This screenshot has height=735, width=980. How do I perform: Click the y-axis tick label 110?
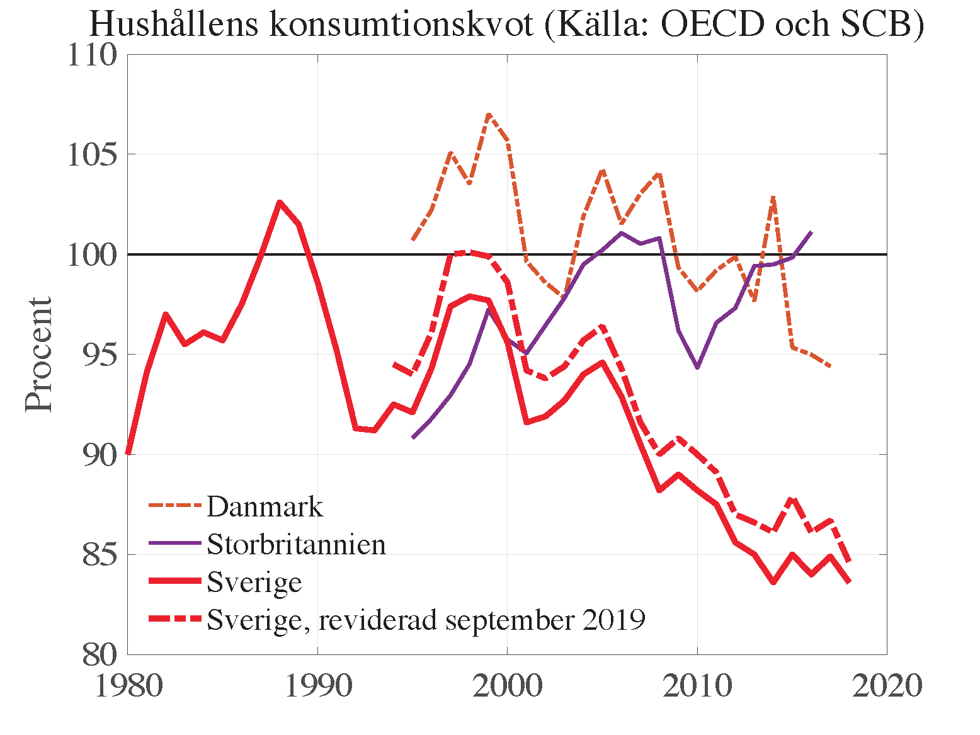(93, 55)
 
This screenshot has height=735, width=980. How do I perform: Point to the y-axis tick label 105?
(93, 155)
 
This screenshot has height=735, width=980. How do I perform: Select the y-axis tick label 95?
(100, 355)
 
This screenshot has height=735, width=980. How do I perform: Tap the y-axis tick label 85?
(100, 556)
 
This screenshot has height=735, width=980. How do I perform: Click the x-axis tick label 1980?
(128, 686)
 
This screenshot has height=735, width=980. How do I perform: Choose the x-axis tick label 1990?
(318, 686)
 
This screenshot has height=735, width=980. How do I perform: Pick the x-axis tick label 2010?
(697, 686)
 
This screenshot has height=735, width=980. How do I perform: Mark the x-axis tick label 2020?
(887, 686)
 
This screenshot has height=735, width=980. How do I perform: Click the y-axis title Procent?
(39, 355)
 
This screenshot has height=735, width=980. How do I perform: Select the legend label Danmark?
(265, 507)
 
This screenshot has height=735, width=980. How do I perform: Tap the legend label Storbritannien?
(296, 544)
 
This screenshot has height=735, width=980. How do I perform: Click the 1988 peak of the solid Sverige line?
(280, 202)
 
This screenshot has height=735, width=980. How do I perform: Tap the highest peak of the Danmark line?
(489, 115)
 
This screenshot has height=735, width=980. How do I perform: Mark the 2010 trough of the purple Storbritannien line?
(697, 367)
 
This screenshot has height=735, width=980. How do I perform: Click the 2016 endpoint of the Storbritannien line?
(811, 232)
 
